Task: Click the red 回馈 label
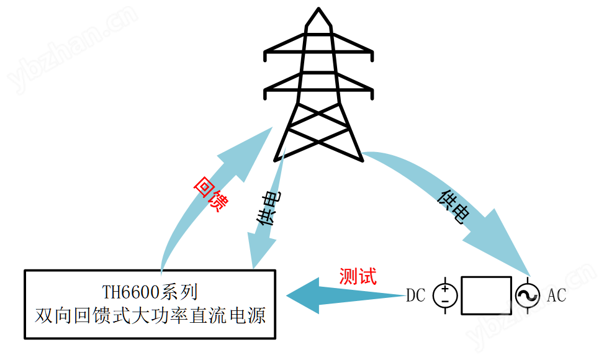pyautogui.click(x=209, y=194)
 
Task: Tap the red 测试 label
pyautogui.click(x=358, y=276)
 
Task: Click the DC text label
pyautogui.click(x=415, y=295)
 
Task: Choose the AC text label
pyautogui.click(x=556, y=295)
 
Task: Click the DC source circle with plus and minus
pyautogui.click(x=444, y=295)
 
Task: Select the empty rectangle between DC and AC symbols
pyautogui.click(x=486, y=295)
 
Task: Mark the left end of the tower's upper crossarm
pyautogui.click(x=266, y=55)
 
